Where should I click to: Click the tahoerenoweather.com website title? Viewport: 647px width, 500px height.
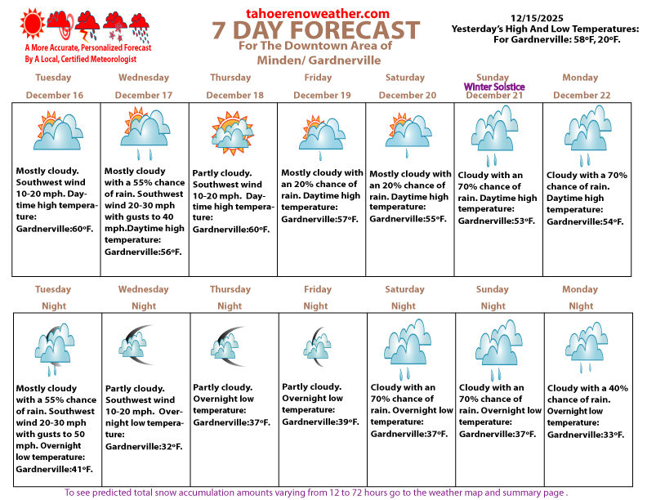(x=317, y=13)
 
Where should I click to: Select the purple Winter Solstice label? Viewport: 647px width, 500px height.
(x=494, y=87)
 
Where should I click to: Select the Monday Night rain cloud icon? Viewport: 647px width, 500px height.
(x=586, y=344)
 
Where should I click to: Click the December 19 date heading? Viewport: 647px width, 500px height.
(x=322, y=96)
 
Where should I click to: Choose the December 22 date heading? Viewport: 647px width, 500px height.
(x=582, y=96)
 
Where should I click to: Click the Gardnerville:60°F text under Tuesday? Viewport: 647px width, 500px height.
(x=51, y=228)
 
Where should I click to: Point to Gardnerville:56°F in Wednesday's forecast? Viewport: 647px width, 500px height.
(x=143, y=252)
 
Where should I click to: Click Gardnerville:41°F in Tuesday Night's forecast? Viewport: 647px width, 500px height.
(x=54, y=469)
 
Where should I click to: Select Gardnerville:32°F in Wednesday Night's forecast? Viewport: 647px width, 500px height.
(x=144, y=446)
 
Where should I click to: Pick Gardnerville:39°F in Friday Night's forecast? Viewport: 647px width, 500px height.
(x=320, y=422)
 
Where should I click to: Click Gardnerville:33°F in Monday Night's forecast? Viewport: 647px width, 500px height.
(x=585, y=434)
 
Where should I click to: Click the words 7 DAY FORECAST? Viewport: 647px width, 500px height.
(x=316, y=31)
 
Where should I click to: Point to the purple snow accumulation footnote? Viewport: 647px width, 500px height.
(x=315, y=493)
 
